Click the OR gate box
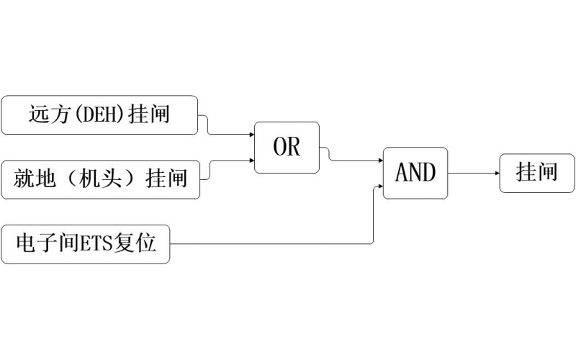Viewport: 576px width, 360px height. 287,148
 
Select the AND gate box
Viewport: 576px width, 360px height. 415,173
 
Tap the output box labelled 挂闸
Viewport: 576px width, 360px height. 537,173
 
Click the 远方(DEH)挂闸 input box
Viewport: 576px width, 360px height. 99,114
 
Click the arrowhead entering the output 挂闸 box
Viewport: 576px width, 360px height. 496,173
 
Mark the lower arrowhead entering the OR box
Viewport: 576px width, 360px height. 251,161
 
